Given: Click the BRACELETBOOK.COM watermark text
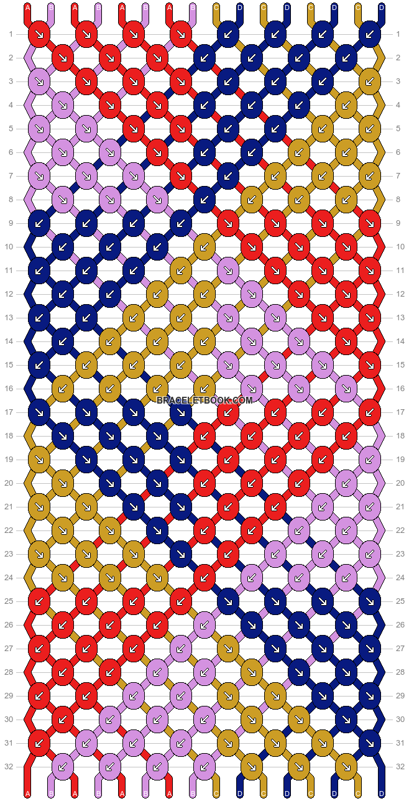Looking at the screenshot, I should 204,401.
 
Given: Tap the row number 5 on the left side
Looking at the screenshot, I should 11,129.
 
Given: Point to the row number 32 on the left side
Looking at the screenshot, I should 11,767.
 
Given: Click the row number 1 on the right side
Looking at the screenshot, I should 398,34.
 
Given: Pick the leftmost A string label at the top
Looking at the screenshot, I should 27,7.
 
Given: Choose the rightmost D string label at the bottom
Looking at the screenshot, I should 381,794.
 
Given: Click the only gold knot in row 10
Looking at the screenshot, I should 204,247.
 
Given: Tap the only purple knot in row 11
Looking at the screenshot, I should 228,271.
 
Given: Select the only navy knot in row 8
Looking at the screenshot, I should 204,200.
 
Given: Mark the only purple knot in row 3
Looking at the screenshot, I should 39,81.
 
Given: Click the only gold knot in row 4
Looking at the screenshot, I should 346,105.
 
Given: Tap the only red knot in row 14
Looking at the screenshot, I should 346,341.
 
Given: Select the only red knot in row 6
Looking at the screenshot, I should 157,152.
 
